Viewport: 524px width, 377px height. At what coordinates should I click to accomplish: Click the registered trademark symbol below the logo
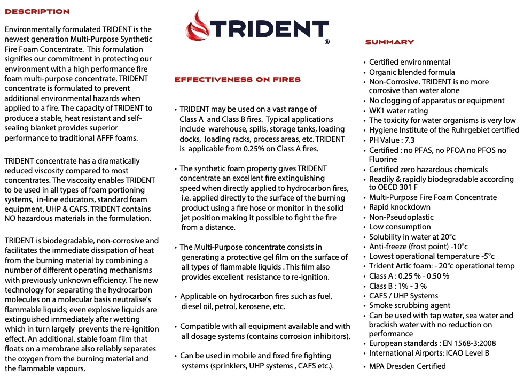coord(327,41)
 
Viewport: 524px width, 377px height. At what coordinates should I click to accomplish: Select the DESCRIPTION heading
coord(37,12)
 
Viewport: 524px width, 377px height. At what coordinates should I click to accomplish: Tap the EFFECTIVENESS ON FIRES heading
coord(238,80)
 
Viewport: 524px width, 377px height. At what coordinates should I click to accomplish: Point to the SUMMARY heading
coord(389,42)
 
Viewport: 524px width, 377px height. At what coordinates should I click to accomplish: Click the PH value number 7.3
coord(409,140)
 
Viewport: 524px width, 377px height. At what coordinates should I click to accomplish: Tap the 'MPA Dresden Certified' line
coord(407,366)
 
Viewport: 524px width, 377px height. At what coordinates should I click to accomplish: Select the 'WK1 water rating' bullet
coord(398,111)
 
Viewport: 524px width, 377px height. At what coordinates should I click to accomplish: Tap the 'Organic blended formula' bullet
coord(412,72)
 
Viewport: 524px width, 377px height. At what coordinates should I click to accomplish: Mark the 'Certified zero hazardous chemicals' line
coord(428,170)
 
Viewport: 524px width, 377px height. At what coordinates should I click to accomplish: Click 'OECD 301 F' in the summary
coord(393,187)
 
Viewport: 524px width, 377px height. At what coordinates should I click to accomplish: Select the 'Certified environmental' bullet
coord(410,62)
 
